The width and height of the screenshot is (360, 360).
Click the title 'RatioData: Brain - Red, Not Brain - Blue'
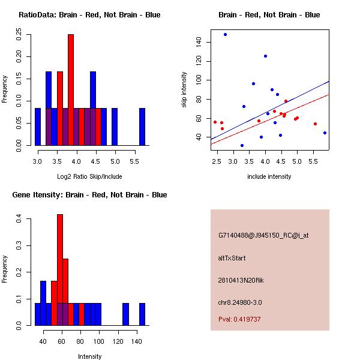[x=89, y=14]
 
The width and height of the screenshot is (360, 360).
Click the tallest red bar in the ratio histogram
[x=70, y=90]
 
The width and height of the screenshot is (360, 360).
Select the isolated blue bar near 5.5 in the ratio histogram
[x=142, y=127]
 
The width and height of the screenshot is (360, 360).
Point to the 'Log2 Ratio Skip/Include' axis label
[x=89, y=176]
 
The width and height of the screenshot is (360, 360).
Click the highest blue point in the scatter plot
[x=225, y=35]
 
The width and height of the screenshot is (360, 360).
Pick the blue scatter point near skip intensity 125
[x=265, y=56]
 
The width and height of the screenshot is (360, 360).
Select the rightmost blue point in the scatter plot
[x=325, y=133]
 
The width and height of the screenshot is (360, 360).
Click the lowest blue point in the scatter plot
[x=242, y=145]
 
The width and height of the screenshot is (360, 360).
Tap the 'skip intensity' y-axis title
[x=184, y=90]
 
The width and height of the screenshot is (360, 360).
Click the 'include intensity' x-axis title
[x=269, y=176]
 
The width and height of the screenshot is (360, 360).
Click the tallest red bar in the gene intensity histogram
[x=60, y=269]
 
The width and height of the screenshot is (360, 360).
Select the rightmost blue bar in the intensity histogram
[x=142, y=314]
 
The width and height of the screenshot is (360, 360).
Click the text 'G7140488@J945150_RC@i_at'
[x=263, y=236]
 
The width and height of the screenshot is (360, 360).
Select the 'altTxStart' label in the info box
[x=232, y=258]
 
